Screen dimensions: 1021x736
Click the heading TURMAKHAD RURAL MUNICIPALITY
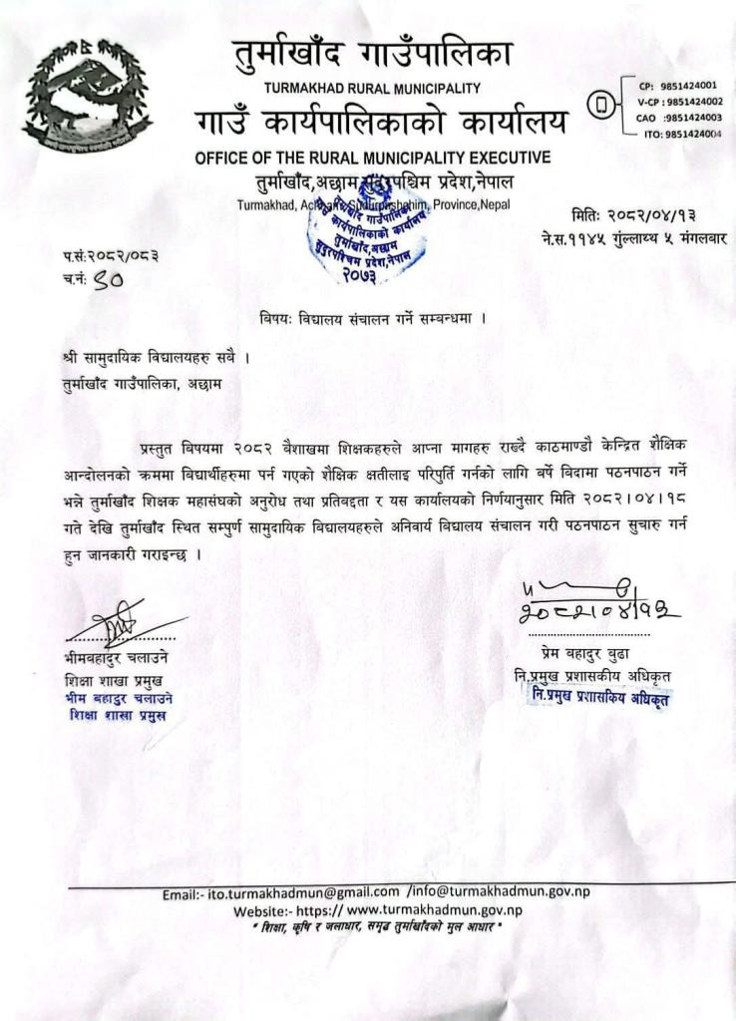tap(372, 89)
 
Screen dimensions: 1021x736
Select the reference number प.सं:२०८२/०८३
tap(110, 257)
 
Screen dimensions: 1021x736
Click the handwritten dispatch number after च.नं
tap(109, 281)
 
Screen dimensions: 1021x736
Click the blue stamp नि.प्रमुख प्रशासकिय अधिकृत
tap(598, 697)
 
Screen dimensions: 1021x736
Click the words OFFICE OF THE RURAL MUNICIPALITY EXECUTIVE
tap(372, 157)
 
